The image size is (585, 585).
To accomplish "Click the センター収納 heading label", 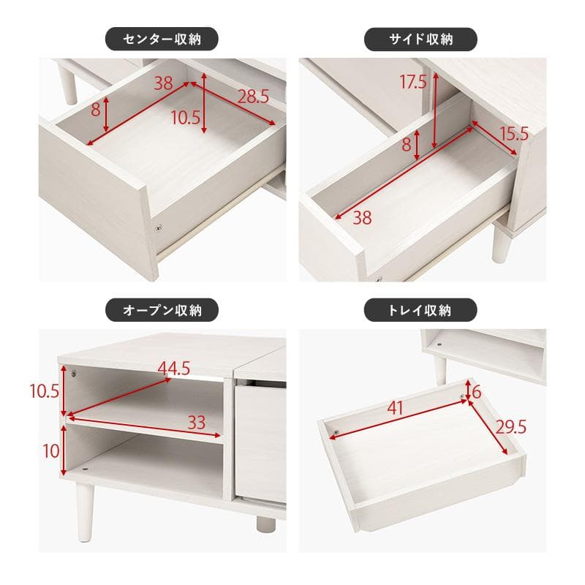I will click(162, 38).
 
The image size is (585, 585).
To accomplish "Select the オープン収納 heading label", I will click(162, 310).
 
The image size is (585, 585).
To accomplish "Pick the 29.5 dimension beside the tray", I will click(511, 427).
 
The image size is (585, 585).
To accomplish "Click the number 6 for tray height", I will click(476, 393).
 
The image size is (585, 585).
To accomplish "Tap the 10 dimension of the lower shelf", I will click(50, 450).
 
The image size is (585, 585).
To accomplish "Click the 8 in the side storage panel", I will click(406, 144).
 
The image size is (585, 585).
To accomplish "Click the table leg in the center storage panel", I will click(71, 84).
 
